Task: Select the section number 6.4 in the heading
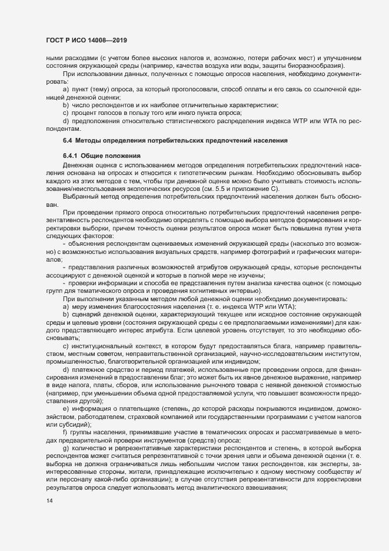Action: [x=67, y=141]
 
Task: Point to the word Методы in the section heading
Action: [x=91, y=141]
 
